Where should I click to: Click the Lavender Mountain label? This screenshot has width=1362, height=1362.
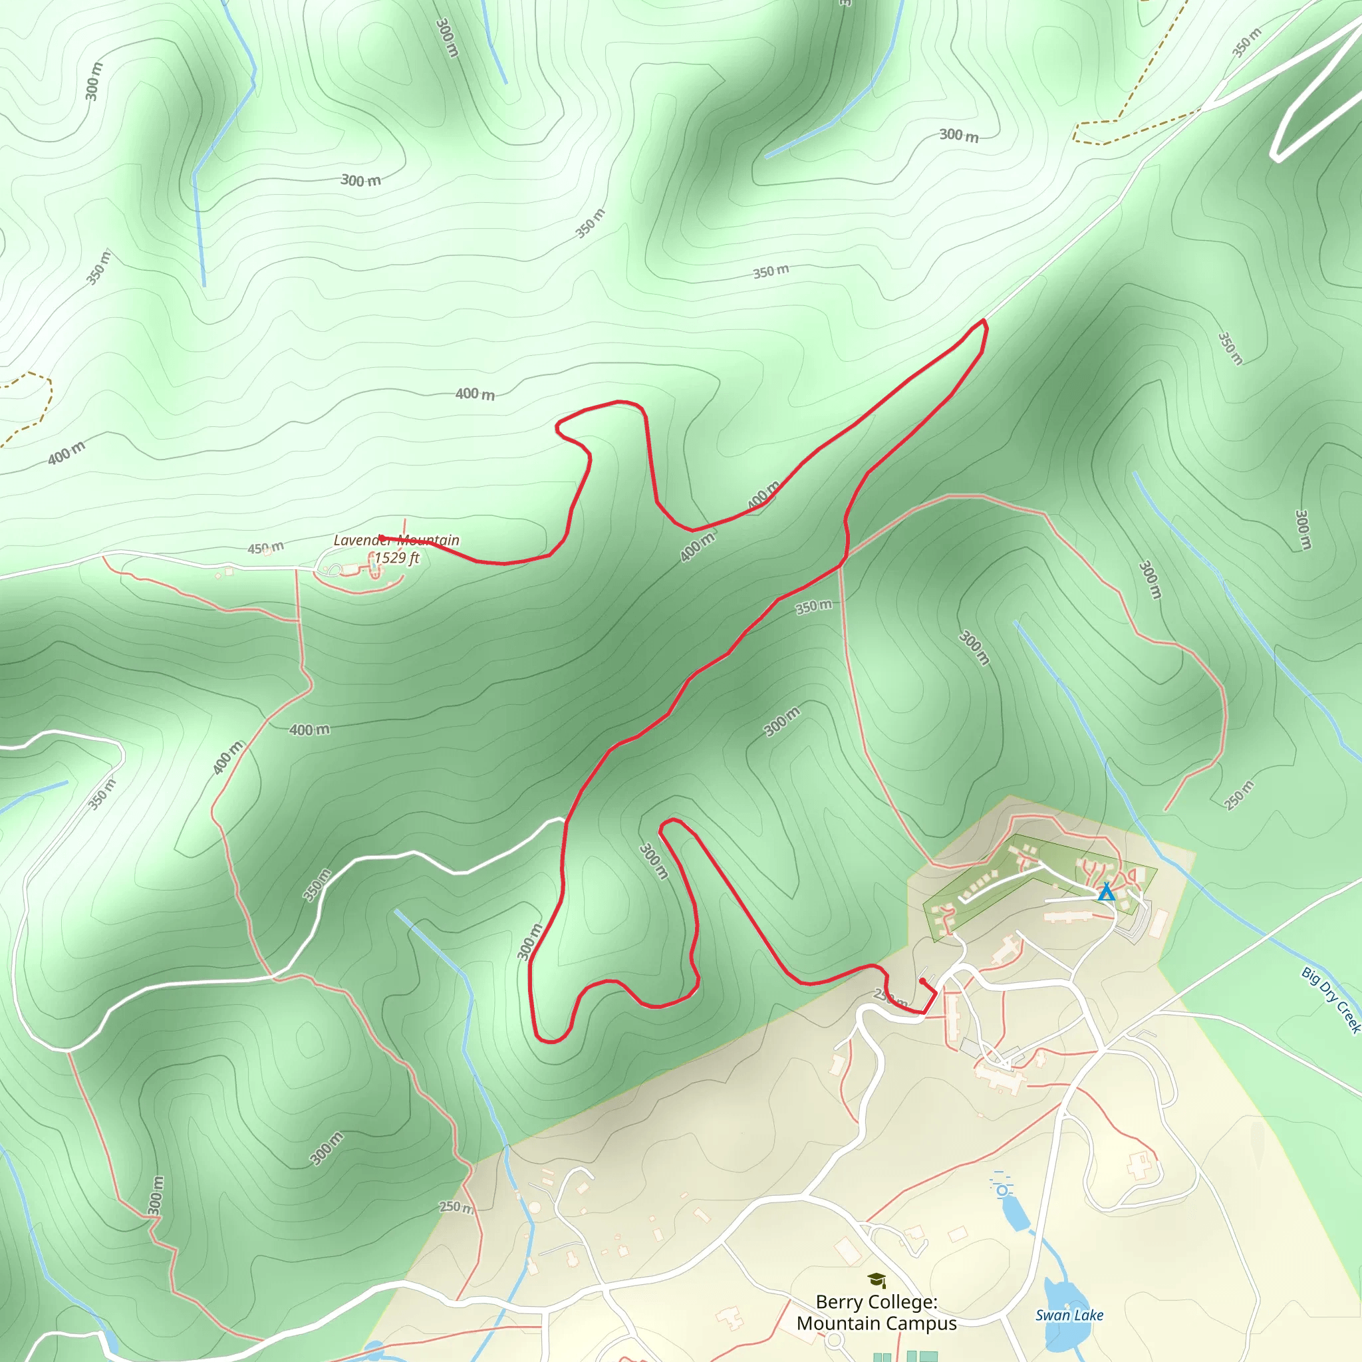tap(396, 540)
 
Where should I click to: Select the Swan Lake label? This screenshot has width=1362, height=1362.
tap(1069, 1315)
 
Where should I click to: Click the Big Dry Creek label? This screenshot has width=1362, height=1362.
tap(1331, 1000)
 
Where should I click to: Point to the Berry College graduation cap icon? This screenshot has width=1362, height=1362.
tap(877, 1280)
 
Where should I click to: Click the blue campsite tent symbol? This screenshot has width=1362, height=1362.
tap(1107, 892)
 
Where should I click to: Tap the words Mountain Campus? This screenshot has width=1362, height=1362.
tap(877, 1323)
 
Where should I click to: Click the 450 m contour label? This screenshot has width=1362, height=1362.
tap(266, 548)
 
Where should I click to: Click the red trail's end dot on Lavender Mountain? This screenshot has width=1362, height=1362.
tap(380, 537)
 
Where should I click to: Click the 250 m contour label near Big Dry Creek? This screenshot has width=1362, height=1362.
tap(1238, 795)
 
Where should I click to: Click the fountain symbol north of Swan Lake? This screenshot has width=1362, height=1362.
tap(1001, 1189)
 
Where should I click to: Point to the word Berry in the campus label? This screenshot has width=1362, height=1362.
tap(836, 1301)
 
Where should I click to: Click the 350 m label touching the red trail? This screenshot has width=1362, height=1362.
tap(813, 607)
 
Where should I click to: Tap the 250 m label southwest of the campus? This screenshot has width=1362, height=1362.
tap(456, 1207)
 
